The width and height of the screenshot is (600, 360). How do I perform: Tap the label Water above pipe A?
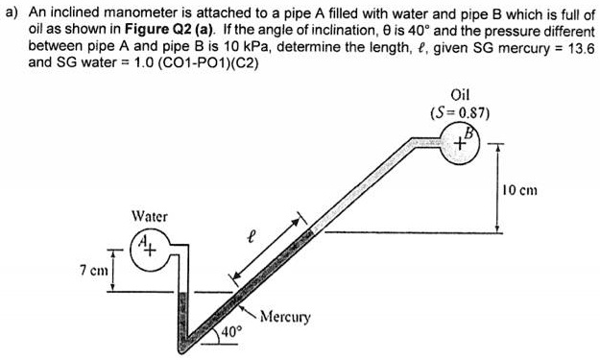[x=149, y=217]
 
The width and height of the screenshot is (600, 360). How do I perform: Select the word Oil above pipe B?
[x=459, y=94]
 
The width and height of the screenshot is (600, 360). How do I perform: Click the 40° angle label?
[x=233, y=331]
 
